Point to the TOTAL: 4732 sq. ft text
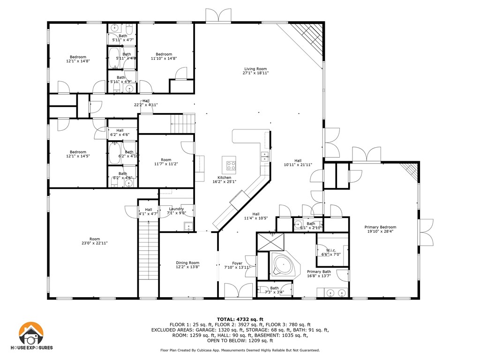click(240, 319)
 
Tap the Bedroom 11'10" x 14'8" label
click(164, 56)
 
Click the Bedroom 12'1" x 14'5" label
click(78, 154)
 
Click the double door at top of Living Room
click(218, 15)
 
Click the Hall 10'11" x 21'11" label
click(298, 162)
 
